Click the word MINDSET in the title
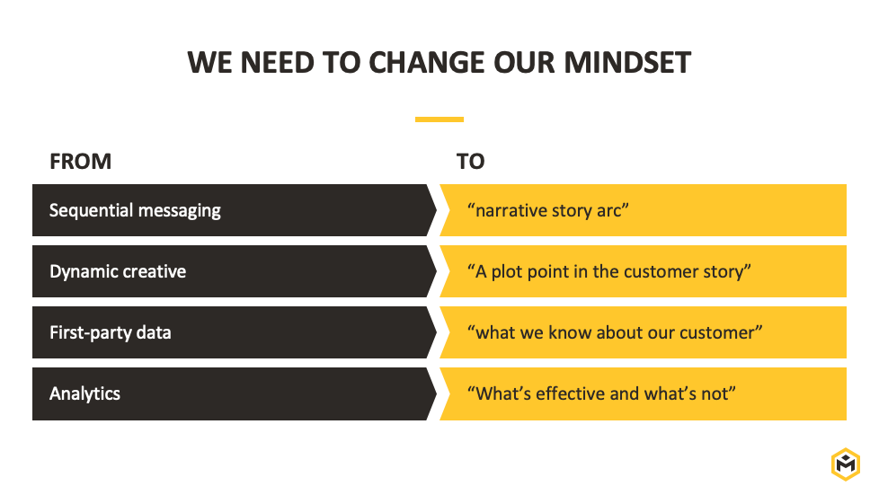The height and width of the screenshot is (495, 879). (627, 62)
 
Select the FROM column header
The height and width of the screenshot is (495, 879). (81, 162)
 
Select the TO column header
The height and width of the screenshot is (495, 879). (470, 162)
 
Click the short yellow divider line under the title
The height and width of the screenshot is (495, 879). (439, 119)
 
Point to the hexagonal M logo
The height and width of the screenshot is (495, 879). (846, 464)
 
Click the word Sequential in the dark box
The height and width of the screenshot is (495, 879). (91, 211)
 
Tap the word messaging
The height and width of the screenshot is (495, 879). (180, 211)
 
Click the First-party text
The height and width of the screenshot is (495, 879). (91, 333)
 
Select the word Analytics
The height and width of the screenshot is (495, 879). (84, 394)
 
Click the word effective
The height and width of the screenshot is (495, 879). (571, 393)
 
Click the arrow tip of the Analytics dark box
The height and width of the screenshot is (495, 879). (436, 394)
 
